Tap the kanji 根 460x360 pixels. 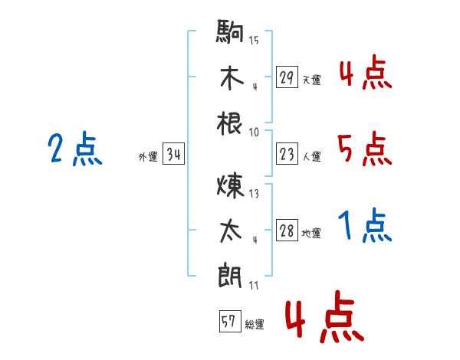pyautogui.click(x=230, y=123)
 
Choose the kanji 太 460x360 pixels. pyautogui.click(x=230, y=231)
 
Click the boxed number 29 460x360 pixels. pyautogui.click(x=287, y=77)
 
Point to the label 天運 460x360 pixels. pyautogui.click(x=311, y=80)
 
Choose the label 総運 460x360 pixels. pyautogui.click(x=255, y=324)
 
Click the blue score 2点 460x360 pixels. pyautogui.click(x=75, y=149)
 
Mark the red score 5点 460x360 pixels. pyautogui.click(x=364, y=149)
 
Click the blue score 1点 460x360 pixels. pyautogui.click(x=364, y=227)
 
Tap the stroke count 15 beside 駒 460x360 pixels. pyautogui.click(x=254, y=40)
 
